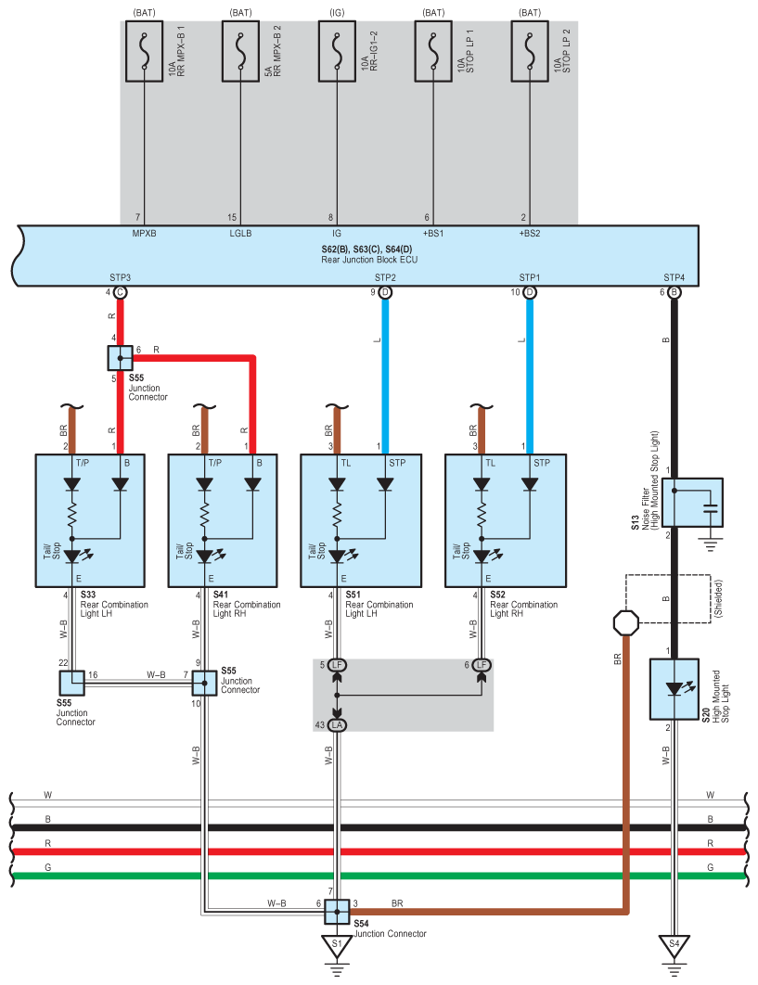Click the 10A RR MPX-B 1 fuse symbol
pyautogui.click(x=144, y=52)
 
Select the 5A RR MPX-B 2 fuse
pyautogui.click(x=240, y=52)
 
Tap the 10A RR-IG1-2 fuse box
pyautogui.click(x=337, y=52)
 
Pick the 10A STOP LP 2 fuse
pyautogui.click(x=530, y=52)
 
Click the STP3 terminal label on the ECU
pyautogui.click(x=120, y=277)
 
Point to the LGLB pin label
pyautogui.click(x=240, y=234)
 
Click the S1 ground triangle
pyautogui.click(x=337, y=946)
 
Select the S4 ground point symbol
pyautogui.click(x=674, y=946)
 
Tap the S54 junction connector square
pyautogui.click(x=337, y=912)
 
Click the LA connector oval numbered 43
pyautogui.click(x=337, y=725)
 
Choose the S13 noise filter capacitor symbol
pyautogui.click(x=711, y=508)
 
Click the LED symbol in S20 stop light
pyautogui.click(x=675, y=689)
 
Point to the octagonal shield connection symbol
pyautogui.click(x=626, y=623)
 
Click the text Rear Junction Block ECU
pyautogui.click(x=369, y=260)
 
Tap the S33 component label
pyautogui.click(x=88, y=595)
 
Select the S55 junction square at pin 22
pyautogui.click(x=71, y=684)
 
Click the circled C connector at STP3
pyautogui.click(x=120, y=292)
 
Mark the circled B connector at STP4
pyautogui.click(x=674, y=292)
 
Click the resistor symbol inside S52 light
pyautogui.click(x=482, y=515)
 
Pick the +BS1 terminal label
pyautogui.click(x=433, y=234)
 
